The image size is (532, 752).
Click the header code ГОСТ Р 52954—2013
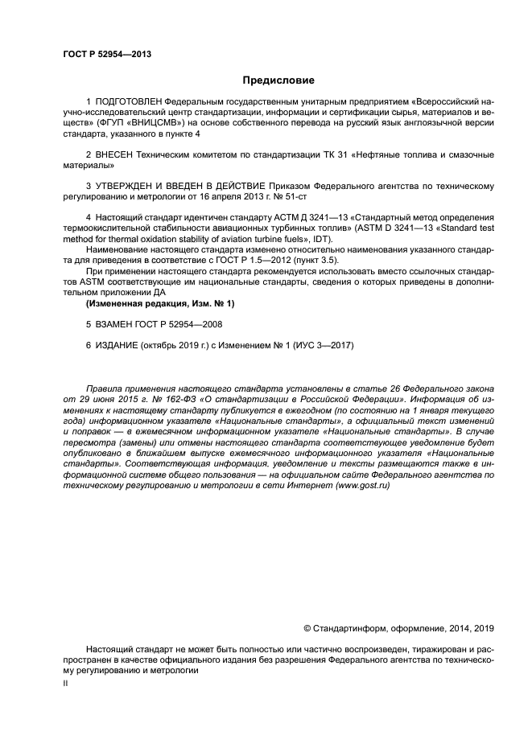(106, 54)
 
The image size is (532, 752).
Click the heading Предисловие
(278, 80)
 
